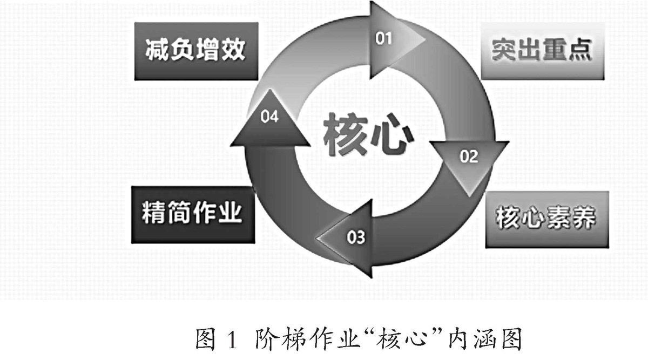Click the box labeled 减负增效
click(x=195, y=51)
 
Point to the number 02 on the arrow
click(x=469, y=157)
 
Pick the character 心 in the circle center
click(x=390, y=135)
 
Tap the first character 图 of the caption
click(x=206, y=340)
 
